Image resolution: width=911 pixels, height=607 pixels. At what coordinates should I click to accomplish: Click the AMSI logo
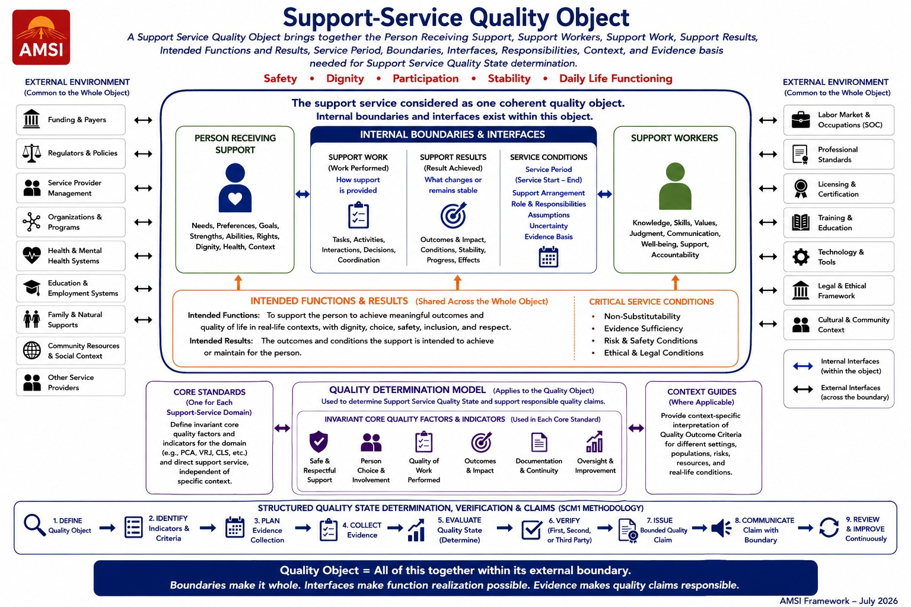tap(41, 37)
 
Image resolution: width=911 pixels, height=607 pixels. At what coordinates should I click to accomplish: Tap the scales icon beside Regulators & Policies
tap(31, 154)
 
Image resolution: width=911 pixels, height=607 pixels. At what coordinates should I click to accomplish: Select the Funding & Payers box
tap(71, 120)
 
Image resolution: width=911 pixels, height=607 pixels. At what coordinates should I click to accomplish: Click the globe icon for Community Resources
tap(31, 350)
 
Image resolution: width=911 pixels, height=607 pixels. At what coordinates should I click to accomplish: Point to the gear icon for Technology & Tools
tap(801, 257)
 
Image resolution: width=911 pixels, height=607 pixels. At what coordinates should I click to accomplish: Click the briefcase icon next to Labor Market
tap(801, 120)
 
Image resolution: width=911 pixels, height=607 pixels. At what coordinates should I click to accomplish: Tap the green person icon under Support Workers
tap(675, 186)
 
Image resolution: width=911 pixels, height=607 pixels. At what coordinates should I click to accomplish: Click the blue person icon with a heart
tap(235, 188)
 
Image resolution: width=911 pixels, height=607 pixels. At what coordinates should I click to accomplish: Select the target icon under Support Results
tap(453, 215)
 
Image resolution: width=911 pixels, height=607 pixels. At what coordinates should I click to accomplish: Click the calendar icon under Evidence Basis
tap(548, 257)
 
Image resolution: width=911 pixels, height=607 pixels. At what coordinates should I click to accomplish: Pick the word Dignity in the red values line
tap(345, 78)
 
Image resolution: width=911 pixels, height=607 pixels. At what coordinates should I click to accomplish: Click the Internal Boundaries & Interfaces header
tap(453, 135)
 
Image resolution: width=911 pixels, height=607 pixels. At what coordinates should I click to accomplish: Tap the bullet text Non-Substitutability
tap(642, 317)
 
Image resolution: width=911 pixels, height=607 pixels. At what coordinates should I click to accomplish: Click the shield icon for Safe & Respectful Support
tap(319, 442)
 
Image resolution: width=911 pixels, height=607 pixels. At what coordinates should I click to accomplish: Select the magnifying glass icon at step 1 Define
tap(34, 525)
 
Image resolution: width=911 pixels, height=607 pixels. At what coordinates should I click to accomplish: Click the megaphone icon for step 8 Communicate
tap(721, 528)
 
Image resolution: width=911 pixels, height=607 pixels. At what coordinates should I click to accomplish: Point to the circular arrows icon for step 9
tap(829, 528)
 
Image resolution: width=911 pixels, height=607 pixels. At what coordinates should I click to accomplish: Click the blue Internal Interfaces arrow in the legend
tap(803, 366)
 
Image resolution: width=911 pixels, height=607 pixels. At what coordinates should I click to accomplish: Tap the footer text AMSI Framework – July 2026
tap(838, 601)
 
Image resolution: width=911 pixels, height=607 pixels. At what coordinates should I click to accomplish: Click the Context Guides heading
tap(702, 392)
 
